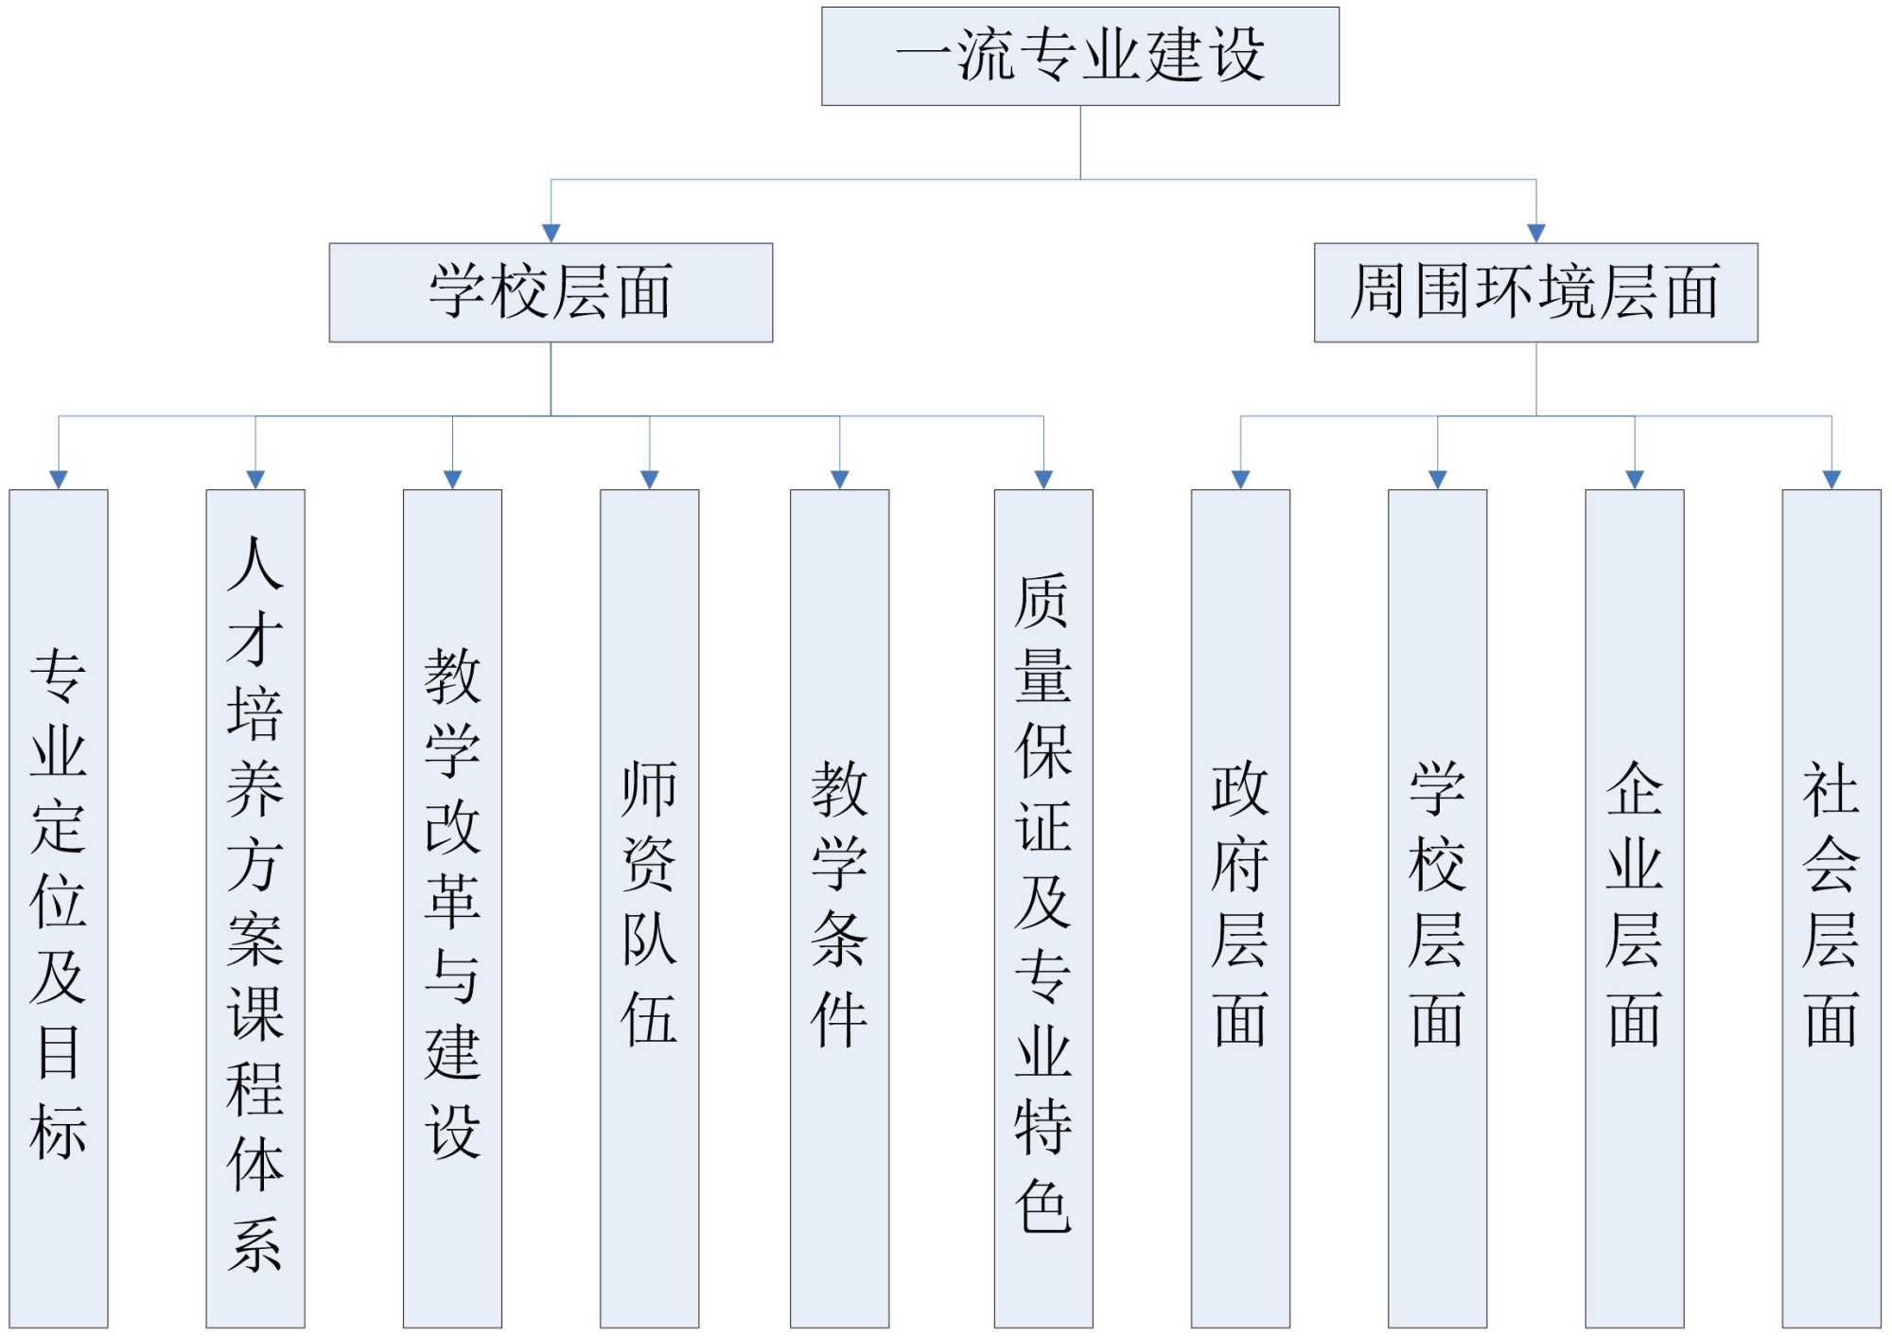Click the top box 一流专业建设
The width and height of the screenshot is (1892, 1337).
(x=1079, y=56)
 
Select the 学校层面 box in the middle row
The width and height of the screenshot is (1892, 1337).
(x=551, y=292)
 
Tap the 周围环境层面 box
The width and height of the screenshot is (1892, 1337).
(x=1535, y=292)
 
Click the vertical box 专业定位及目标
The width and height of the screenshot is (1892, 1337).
(x=59, y=907)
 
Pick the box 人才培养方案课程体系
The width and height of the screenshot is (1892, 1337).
(x=255, y=907)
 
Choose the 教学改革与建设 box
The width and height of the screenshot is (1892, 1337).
(x=452, y=907)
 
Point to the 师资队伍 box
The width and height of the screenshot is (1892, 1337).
(x=649, y=907)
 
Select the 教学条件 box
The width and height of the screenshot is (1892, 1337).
(x=839, y=907)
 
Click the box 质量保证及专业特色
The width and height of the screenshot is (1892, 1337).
(x=1042, y=907)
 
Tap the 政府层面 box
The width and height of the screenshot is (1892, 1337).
(x=1240, y=907)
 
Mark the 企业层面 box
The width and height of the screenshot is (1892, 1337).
(x=1634, y=907)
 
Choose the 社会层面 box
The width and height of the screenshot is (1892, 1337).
(x=1831, y=907)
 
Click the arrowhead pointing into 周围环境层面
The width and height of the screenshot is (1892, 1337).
(x=1535, y=233)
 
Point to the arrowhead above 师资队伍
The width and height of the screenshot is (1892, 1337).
(x=649, y=480)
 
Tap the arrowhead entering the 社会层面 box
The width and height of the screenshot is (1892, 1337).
(x=1831, y=480)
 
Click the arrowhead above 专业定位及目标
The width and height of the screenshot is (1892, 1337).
(x=59, y=480)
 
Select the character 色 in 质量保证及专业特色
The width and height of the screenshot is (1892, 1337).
(x=1042, y=1205)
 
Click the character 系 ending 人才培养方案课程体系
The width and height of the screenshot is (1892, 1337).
(x=255, y=1243)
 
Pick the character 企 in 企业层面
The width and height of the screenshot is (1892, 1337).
(x=1634, y=788)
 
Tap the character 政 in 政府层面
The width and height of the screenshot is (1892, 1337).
(x=1240, y=788)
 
